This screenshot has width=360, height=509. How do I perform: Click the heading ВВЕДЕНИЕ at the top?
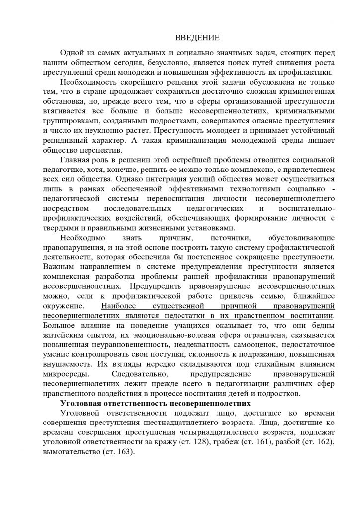(x=198, y=38)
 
